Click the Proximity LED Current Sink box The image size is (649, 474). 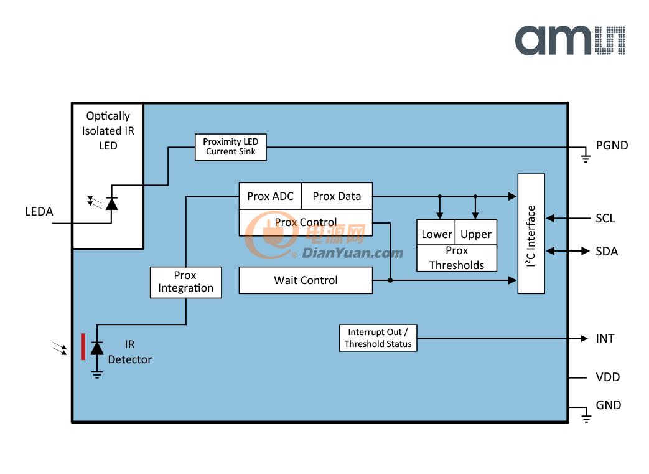point(231,147)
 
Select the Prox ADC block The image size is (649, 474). point(270,196)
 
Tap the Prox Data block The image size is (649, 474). point(337,196)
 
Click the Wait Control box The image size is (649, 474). point(306,280)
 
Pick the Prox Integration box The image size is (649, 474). point(185,282)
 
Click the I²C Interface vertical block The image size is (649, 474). point(531,234)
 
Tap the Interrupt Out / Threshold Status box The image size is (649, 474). point(378,338)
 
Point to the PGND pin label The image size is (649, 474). point(612,145)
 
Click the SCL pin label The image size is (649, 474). point(605,219)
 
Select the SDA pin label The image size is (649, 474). point(606,252)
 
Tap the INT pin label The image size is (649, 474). point(605,338)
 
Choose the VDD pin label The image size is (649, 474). point(607,377)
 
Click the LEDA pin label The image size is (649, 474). point(39,211)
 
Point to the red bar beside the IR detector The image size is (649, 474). point(83,347)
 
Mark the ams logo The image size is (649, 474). point(570,40)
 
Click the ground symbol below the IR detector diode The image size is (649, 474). point(97,375)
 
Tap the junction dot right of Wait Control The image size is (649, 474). point(390,280)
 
